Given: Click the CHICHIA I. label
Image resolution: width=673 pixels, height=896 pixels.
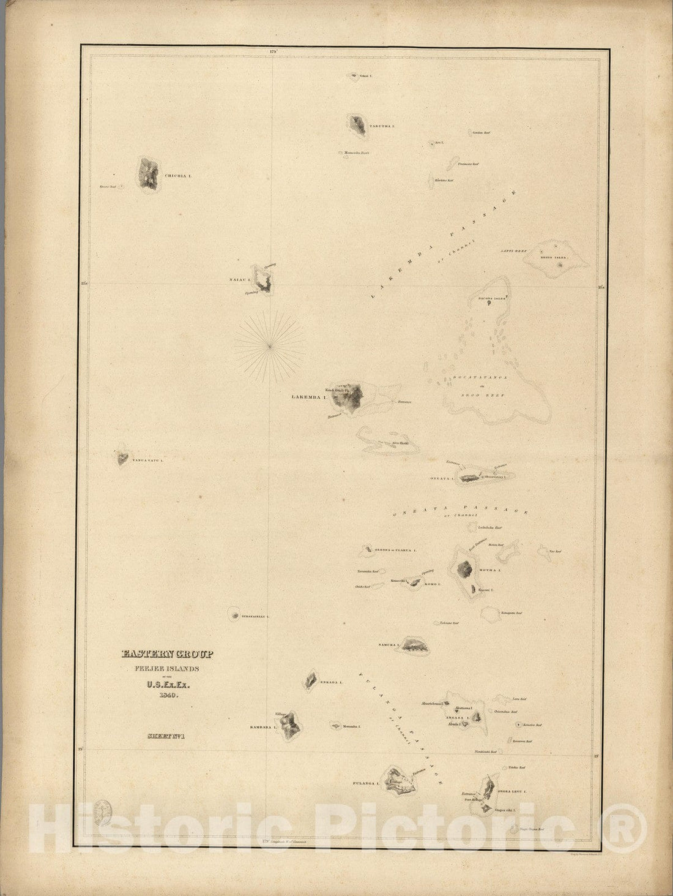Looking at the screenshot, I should click(177, 176).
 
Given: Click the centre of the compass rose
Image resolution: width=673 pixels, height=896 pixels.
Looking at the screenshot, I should click(270, 346).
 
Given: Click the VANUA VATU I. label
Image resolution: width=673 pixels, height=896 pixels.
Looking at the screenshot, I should click(147, 459).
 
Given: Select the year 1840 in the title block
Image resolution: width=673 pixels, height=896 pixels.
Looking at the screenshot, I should click(166, 695).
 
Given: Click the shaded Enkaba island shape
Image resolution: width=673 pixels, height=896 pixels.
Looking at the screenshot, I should click(311, 679).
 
